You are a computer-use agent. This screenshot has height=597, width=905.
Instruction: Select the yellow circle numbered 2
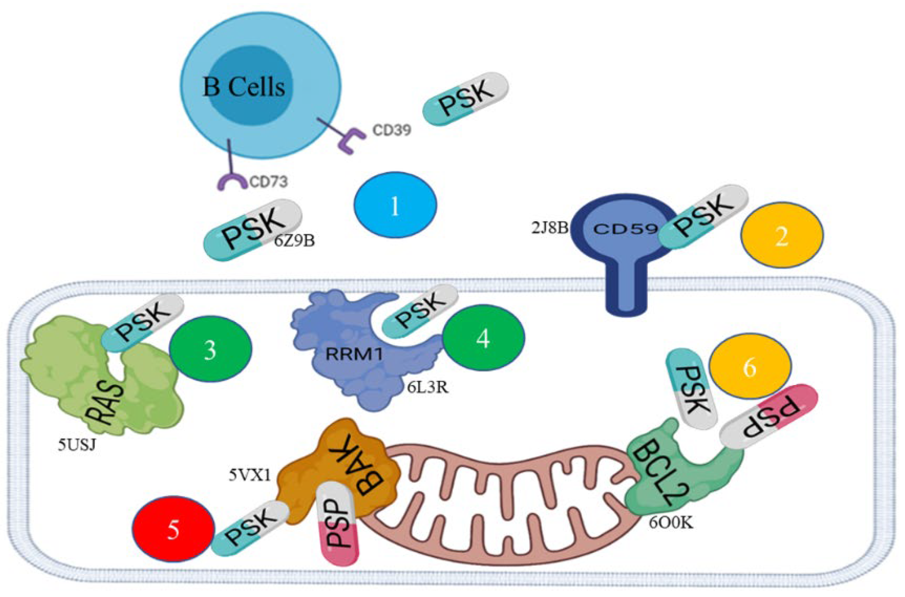point(782,235)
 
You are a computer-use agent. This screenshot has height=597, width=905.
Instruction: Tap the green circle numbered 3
point(210,349)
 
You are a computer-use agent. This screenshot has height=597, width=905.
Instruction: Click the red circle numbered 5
point(173,529)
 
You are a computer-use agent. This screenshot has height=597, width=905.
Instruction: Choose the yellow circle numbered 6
point(750,366)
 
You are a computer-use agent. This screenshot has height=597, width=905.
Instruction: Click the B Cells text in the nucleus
point(244,87)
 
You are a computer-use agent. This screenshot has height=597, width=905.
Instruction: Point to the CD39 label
point(392,130)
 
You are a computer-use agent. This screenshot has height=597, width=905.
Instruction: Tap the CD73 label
point(268,181)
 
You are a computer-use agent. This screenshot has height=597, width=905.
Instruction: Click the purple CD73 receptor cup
point(231,181)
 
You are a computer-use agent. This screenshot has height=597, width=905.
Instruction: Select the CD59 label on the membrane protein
point(625,229)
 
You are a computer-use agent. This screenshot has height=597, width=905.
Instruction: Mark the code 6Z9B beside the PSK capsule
point(294,241)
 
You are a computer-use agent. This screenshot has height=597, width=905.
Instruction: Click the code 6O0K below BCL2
point(671,523)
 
